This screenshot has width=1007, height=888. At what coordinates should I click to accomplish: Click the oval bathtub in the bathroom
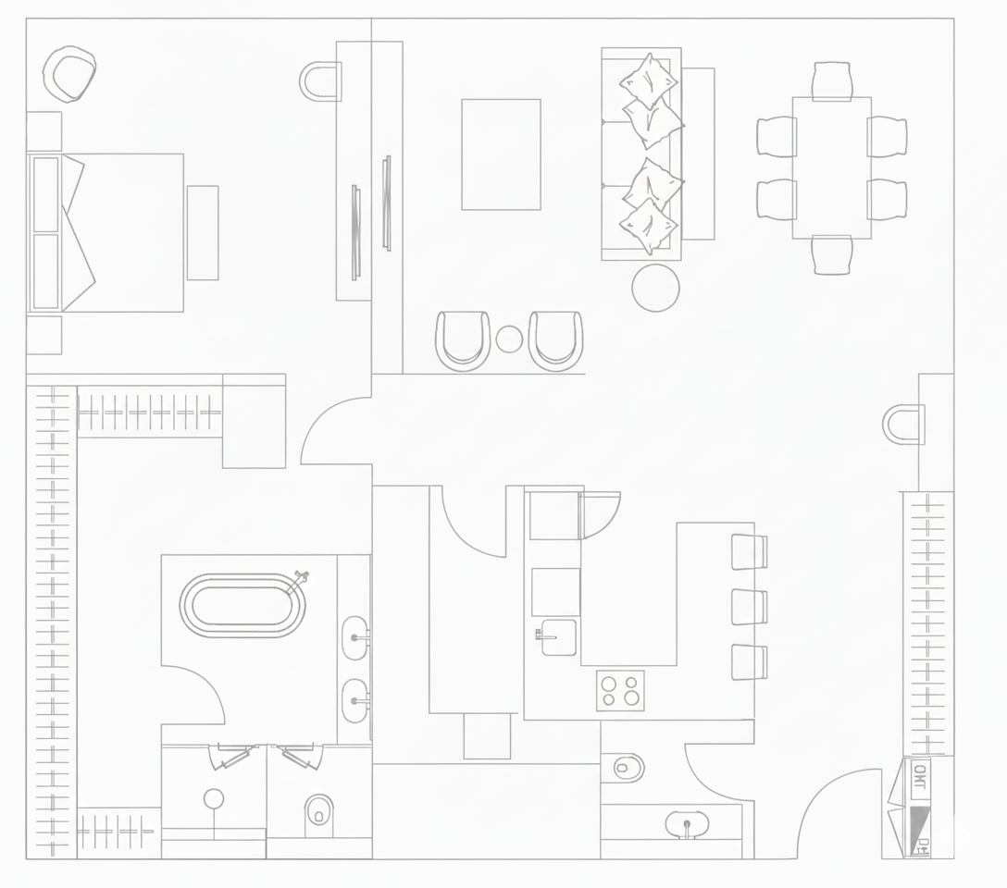click(243, 606)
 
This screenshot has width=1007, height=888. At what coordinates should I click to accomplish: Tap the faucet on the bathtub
click(299, 581)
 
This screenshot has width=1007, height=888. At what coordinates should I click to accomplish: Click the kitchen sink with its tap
click(558, 637)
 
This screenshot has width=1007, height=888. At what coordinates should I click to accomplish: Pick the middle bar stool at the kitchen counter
click(749, 607)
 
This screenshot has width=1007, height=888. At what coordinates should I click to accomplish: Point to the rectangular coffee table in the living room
click(501, 154)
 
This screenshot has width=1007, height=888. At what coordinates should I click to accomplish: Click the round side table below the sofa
click(655, 288)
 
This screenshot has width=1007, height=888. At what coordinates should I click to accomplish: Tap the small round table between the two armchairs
click(509, 339)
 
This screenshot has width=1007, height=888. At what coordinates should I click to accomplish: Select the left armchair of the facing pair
click(464, 339)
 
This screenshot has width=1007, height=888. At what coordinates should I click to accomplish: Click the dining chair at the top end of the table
click(832, 80)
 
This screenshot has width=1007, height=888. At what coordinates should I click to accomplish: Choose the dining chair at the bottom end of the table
click(832, 254)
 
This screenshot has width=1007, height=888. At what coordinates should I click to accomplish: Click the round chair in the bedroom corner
click(69, 74)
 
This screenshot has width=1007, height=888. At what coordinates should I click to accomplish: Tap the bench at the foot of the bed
click(203, 232)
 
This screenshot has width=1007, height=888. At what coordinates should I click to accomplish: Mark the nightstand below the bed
click(44, 335)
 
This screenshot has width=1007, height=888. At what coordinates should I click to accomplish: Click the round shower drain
click(214, 798)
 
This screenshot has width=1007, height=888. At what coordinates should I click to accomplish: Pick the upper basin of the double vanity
click(355, 638)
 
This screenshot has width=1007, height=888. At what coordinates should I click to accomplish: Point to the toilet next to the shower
click(318, 810)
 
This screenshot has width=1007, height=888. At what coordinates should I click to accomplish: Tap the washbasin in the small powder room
click(687, 823)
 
